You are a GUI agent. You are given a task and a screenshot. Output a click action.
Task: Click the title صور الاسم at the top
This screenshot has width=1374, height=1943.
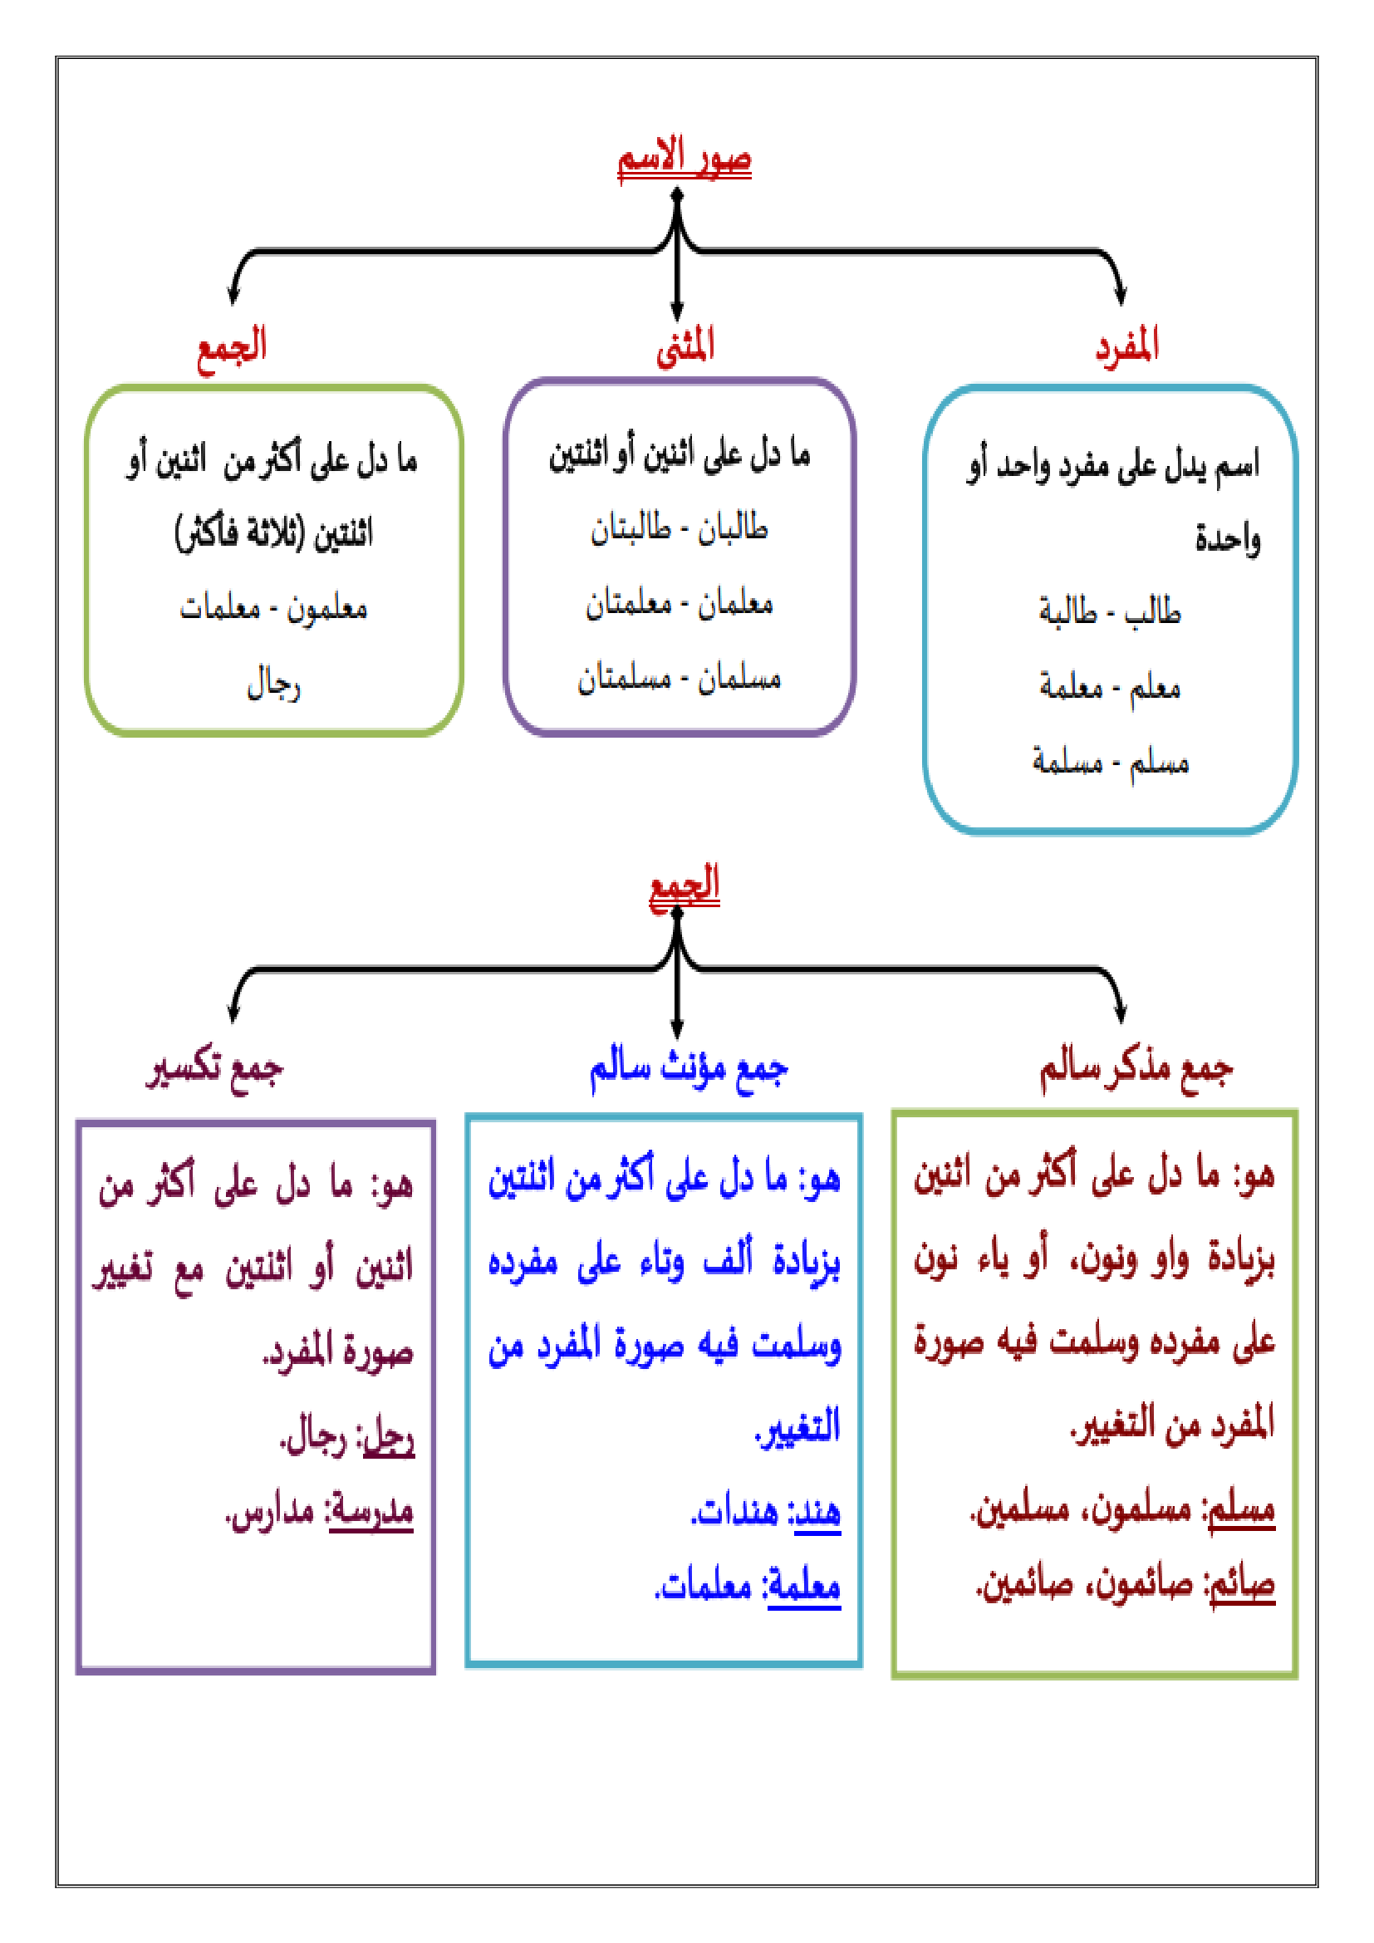(684, 159)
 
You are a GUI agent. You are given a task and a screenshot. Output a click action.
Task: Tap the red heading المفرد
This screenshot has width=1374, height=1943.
(1126, 346)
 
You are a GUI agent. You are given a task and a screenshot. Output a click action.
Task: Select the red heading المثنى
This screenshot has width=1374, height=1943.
(685, 346)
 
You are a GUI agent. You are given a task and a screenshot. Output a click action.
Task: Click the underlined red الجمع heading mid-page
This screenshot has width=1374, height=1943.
(684, 886)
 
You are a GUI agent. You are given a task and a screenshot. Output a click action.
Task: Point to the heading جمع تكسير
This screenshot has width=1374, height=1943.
(215, 1068)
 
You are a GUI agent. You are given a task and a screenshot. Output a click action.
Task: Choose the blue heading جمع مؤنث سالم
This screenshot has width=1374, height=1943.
(688, 1068)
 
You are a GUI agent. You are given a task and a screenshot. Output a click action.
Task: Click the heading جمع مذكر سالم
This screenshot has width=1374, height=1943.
(1136, 1068)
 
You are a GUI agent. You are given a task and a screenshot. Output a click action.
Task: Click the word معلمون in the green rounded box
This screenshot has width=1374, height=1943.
(326, 608)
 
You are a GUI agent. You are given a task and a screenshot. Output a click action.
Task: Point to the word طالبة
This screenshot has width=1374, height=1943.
(1067, 611)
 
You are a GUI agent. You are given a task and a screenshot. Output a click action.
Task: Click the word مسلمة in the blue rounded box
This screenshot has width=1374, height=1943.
(1067, 762)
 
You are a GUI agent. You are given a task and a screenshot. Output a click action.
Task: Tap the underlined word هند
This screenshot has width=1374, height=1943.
(817, 1511)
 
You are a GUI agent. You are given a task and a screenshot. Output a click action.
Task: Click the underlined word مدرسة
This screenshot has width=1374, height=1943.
(370, 1510)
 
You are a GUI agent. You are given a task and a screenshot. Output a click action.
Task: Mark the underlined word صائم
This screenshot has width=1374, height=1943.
(1242, 1585)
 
